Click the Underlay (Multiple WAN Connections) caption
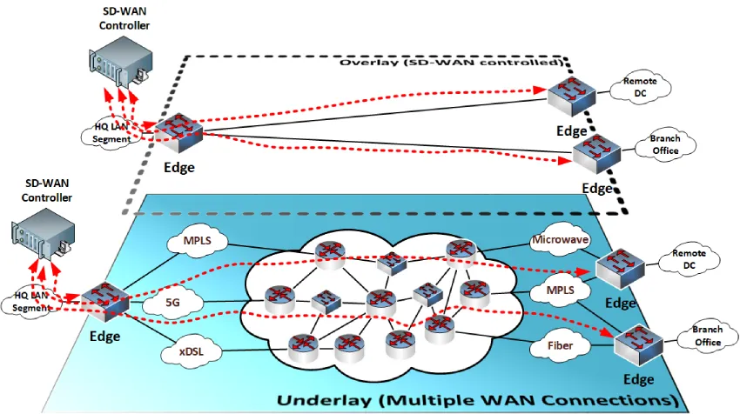[477, 400]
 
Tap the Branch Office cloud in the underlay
[706, 336]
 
